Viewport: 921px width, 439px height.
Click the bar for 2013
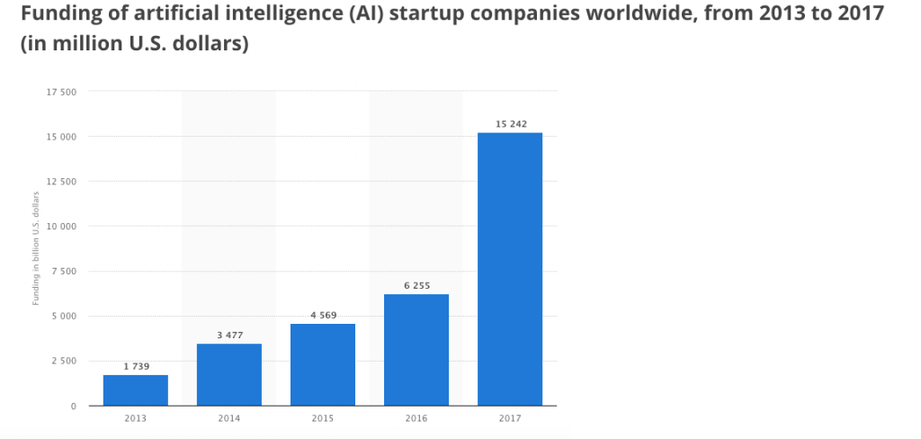pos(136,390)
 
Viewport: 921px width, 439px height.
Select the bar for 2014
pos(229,374)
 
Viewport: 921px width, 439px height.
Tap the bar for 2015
pos(323,364)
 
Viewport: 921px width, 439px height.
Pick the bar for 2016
pos(416,350)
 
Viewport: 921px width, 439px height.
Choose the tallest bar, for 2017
pos(510,269)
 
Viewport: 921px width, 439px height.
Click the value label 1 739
pos(136,366)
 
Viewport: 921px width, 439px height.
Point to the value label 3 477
pos(229,335)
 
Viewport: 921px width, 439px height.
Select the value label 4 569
pos(323,315)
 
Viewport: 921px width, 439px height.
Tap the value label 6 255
pos(416,285)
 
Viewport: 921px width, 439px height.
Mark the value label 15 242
pos(510,123)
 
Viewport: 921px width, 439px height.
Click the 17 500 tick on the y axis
pos(61,92)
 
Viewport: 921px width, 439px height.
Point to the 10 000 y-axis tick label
pos(61,227)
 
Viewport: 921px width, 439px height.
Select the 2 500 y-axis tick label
pos(63,361)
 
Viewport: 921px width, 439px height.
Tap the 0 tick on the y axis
pos(73,406)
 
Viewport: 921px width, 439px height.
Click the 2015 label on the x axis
pos(323,419)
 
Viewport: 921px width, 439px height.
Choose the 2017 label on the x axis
pos(510,419)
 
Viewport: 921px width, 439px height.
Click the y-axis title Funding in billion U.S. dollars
pos(37,248)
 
